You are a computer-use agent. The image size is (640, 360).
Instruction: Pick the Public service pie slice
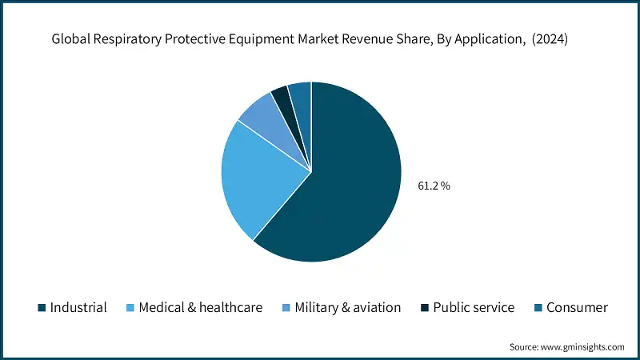coord(281,96)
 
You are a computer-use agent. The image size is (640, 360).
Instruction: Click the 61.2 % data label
coord(434,186)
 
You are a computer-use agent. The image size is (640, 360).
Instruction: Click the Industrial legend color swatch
coord(41,308)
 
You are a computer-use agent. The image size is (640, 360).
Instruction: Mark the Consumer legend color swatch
coord(538,308)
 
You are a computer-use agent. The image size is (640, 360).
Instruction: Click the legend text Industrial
coord(78,308)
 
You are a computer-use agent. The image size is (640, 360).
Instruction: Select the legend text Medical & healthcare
coord(200,308)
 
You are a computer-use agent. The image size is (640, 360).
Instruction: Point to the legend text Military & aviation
coord(348,308)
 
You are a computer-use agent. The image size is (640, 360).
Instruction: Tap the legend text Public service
coord(474,308)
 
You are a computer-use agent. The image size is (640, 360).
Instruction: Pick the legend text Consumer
coord(577,308)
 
